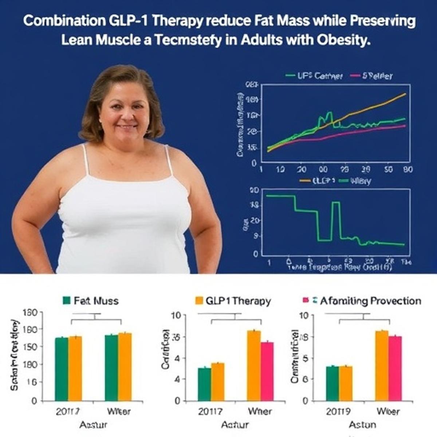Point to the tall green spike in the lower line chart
(x=336, y=219)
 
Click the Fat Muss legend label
(x=96, y=301)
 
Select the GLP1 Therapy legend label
(x=238, y=301)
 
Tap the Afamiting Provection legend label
(x=370, y=301)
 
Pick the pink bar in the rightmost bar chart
(x=395, y=368)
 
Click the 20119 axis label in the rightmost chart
(x=338, y=412)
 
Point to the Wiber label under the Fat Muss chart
(x=119, y=412)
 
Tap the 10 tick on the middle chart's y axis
(x=176, y=315)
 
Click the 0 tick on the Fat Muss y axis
(x=34, y=401)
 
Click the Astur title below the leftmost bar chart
(x=93, y=425)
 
